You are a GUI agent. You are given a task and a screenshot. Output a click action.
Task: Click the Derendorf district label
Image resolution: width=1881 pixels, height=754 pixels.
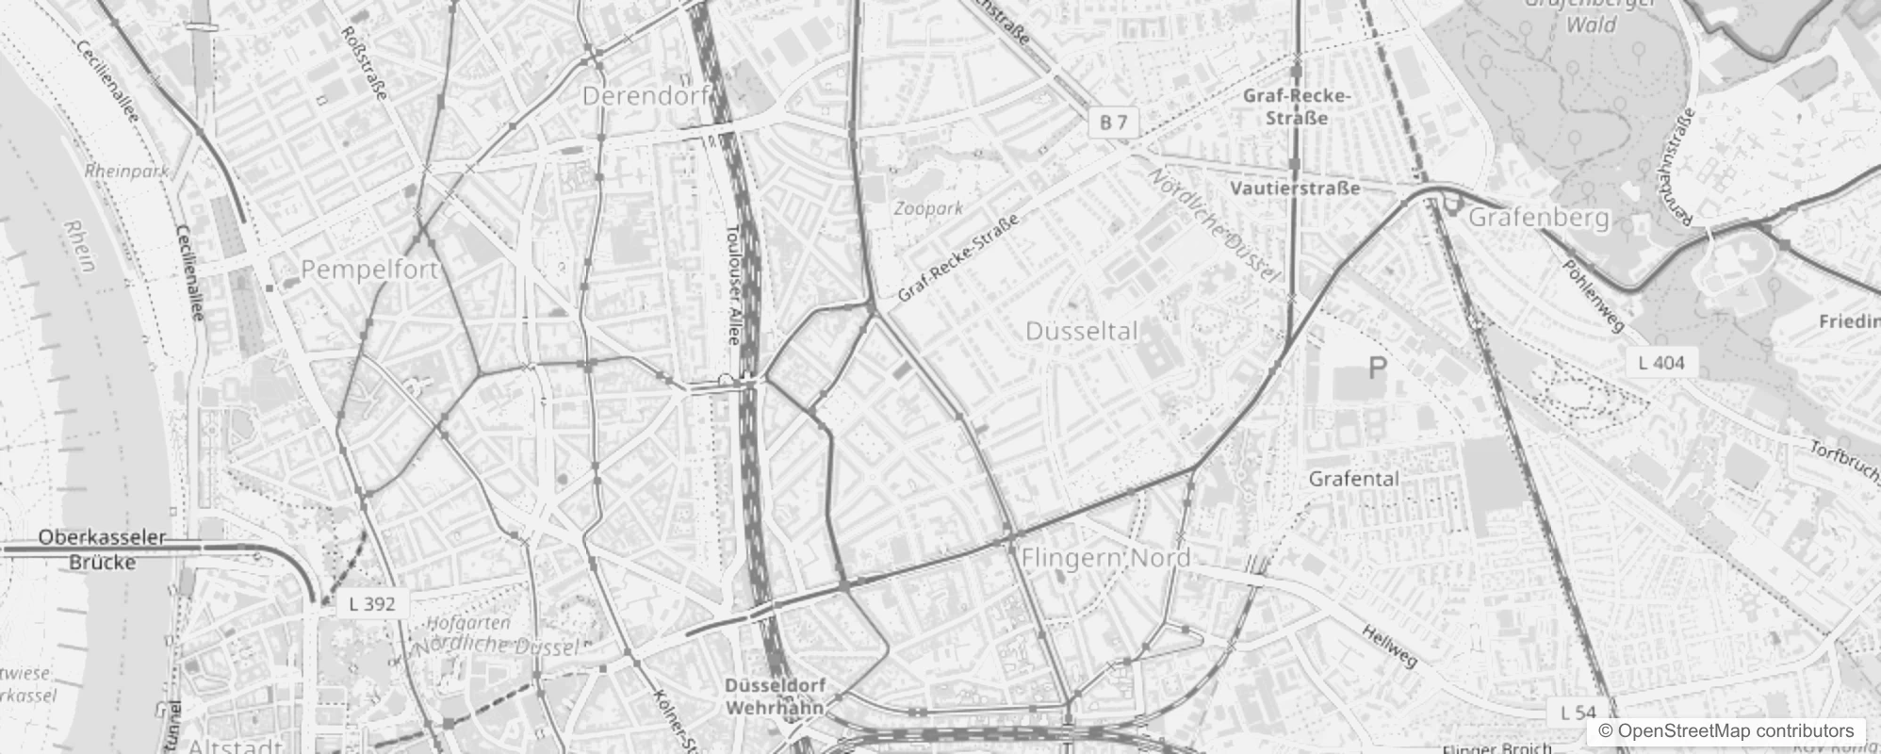[x=646, y=96]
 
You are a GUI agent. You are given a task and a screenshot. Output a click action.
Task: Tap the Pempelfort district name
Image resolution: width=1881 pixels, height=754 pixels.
[x=369, y=270]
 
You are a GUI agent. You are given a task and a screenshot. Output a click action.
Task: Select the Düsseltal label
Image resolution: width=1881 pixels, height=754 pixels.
[x=1081, y=332]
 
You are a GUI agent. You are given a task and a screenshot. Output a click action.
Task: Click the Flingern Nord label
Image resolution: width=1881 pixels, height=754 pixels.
[x=1105, y=558]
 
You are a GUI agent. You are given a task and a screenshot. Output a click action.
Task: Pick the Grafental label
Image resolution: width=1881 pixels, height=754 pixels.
[x=1353, y=479]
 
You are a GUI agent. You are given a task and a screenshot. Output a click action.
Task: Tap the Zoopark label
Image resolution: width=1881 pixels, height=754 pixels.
[x=928, y=208]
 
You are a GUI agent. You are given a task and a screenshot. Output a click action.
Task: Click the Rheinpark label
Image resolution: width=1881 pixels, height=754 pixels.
[x=126, y=172]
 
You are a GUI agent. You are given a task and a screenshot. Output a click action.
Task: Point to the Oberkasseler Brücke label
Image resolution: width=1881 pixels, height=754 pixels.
[x=102, y=549]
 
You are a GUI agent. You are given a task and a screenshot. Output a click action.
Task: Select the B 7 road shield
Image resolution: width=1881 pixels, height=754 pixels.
[x=1113, y=122]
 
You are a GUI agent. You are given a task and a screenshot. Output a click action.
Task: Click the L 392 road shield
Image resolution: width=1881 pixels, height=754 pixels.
[x=371, y=604]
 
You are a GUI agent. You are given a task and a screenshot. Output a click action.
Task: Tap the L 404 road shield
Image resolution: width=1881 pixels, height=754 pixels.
[x=1660, y=362]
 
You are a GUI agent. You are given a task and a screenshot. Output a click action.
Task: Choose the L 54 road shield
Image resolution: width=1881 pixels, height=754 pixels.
[x=1578, y=713]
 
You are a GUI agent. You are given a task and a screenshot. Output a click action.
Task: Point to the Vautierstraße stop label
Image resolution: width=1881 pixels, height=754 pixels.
[x=1295, y=188]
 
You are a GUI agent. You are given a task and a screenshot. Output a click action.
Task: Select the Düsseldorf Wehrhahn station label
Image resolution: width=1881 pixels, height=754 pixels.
[x=776, y=696]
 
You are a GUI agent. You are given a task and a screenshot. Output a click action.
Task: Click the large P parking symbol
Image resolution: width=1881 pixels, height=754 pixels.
[x=1377, y=369]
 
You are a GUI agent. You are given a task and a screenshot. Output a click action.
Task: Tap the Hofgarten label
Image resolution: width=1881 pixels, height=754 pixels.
[x=468, y=623]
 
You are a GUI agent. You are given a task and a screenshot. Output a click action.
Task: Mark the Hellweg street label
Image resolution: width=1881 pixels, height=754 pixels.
[x=1389, y=646]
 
